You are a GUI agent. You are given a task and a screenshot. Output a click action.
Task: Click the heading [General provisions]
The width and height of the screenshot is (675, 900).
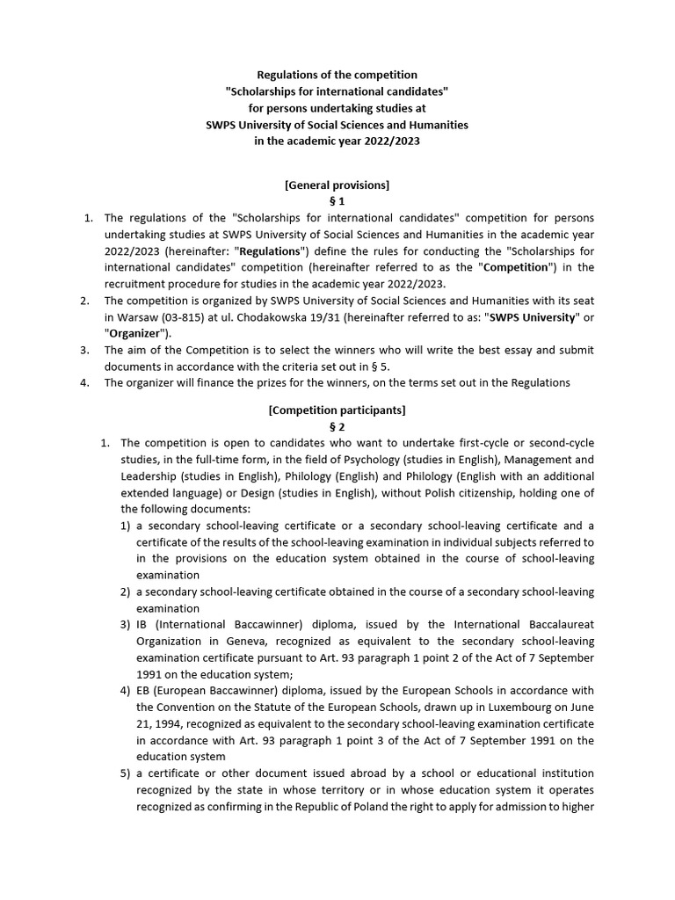(x=337, y=185)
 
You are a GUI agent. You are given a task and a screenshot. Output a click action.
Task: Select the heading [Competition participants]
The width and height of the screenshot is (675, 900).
(x=337, y=410)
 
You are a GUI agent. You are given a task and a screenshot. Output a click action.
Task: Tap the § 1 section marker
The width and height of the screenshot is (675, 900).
(x=337, y=201)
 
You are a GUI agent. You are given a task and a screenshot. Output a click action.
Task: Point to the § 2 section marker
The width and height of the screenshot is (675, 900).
(x=337, y=426)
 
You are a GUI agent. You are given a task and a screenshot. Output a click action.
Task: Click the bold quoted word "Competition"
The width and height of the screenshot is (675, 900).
(x=515, y=267)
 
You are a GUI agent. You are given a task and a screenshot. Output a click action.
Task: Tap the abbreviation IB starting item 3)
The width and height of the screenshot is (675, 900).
(x=142, y=624)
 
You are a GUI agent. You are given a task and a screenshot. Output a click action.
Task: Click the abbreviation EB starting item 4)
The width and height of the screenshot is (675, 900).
(x=143, y=690)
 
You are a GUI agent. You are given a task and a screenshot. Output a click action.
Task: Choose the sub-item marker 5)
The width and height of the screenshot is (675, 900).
(x=126, y=773)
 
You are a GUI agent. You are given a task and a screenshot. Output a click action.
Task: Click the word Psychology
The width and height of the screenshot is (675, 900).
(x=352, y=459)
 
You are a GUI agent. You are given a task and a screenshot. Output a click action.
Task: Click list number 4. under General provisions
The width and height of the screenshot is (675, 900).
(x=86, y=382)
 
